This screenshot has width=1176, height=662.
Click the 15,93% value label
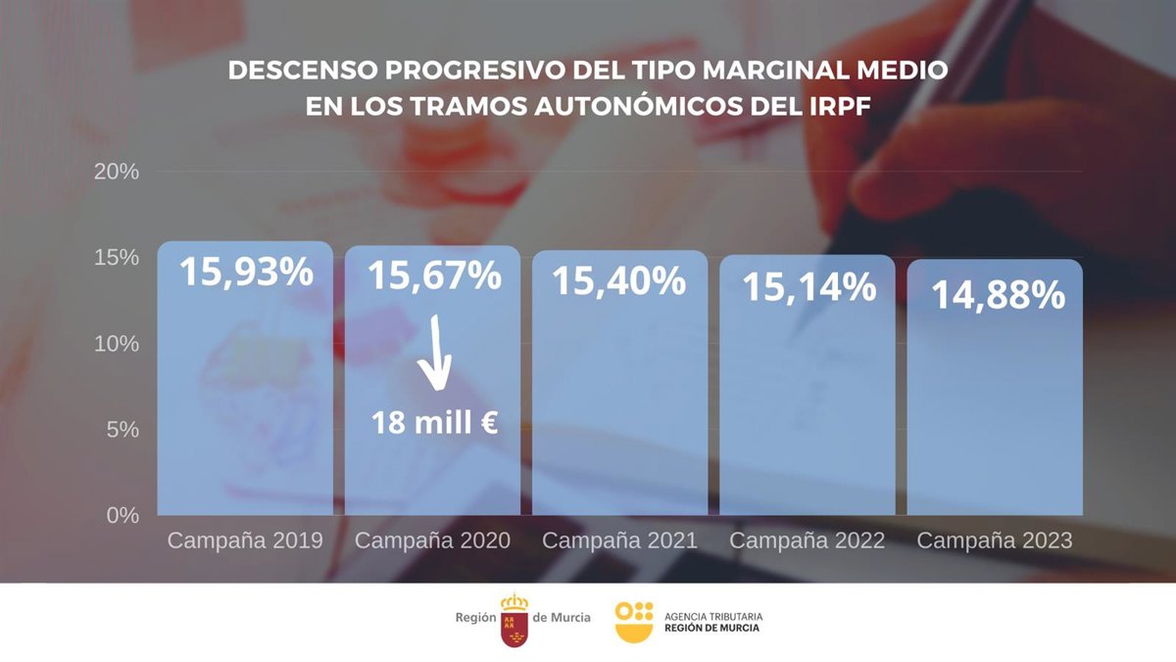(x=246, y=272)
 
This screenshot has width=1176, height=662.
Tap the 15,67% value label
(x=433, y=276)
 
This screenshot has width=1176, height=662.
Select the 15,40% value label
(x=618, y=280)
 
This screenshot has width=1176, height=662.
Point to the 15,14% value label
(x=808, y=286)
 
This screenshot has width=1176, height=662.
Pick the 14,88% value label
(x=998, y=294)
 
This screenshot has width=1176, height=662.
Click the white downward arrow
(x=434, y=360)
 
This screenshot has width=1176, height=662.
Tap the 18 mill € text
(x=434, y=423)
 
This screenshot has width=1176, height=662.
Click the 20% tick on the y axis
(x=117, y=172)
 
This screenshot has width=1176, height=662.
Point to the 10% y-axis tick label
(x=117, y=343)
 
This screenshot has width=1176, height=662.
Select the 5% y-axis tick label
(x=122, y=430)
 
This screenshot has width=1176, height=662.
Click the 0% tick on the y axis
(x=122, y=515)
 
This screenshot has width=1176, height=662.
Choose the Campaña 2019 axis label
(x=245, y=540)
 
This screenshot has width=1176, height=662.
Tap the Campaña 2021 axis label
(x=619, y=540)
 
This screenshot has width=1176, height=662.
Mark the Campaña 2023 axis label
(x=995, y=540)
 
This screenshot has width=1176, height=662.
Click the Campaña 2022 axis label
(x=807, y=540)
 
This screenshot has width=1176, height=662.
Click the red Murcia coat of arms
(x=514, y=620)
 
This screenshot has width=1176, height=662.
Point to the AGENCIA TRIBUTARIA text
(x=712, y=616)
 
